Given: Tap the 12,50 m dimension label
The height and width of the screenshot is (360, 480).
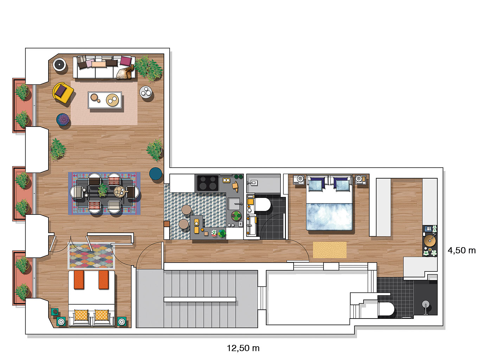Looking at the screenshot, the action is [243, 348].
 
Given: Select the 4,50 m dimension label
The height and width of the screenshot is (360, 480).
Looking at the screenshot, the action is [462, 251].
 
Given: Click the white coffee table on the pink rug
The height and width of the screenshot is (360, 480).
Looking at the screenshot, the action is [105, 100].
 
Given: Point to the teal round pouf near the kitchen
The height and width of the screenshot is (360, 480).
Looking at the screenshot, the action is [155, 174].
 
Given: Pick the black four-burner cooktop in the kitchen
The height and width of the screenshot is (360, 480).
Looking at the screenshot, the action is [207, 183].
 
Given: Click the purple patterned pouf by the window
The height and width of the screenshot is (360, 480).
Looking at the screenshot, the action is [63, 120].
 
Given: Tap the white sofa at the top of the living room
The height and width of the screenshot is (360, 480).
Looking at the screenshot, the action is [104, 67].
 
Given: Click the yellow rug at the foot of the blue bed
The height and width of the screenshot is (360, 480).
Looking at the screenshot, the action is [330, 250].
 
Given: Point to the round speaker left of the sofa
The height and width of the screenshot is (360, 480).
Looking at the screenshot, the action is [59, 64].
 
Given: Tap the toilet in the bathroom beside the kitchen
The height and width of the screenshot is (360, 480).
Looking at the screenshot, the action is [262, 204].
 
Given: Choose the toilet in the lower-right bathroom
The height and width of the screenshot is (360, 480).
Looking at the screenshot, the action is [386, 309].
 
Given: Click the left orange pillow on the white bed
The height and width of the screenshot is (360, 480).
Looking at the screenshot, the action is [79, 280].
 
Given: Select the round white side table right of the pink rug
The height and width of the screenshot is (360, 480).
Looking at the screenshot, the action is [146, 92].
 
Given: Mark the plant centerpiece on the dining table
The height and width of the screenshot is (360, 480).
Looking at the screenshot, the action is [103, 190].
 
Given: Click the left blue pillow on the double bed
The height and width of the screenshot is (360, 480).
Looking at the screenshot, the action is [315, 185].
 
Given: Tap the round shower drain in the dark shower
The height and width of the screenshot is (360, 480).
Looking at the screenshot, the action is [425, 304].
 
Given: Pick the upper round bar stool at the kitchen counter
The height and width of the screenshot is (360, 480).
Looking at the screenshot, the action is [186, 210].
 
